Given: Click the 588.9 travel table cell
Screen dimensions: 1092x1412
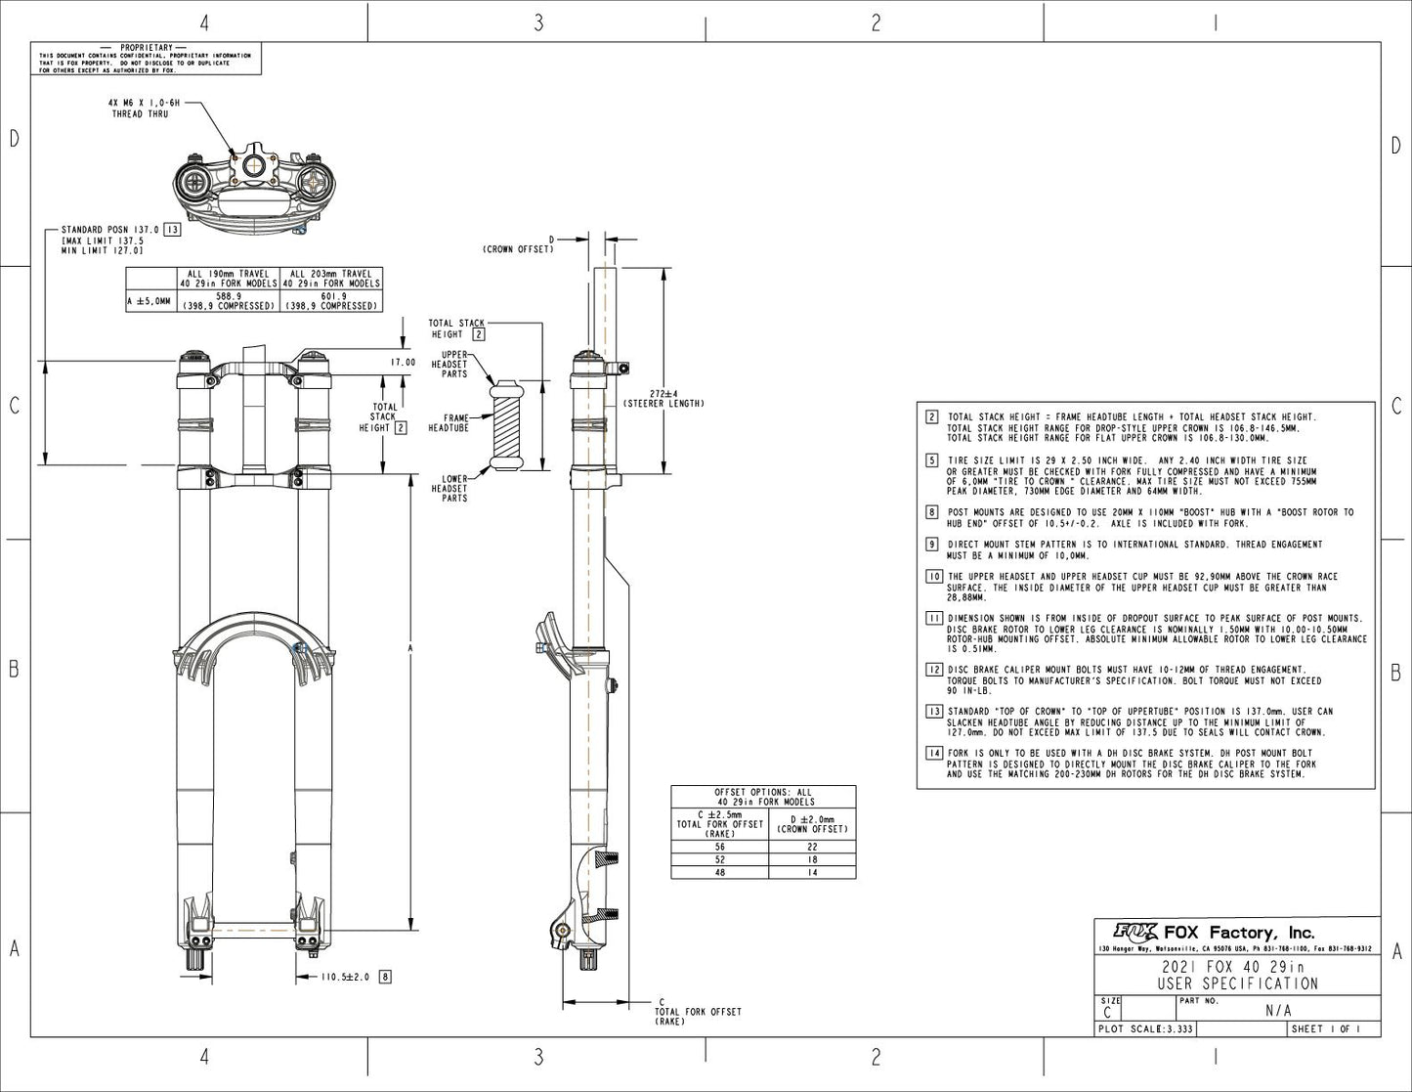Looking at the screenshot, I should [229, 300].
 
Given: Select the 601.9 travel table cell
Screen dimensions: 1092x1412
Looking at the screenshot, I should [331, 300].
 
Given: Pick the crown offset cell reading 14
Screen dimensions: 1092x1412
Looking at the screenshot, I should [811, 872].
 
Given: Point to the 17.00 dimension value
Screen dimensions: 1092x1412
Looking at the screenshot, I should [403, 363].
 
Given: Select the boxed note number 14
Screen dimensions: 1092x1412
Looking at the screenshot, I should [933, 753].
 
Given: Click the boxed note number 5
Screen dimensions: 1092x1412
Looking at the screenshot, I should [933, 459].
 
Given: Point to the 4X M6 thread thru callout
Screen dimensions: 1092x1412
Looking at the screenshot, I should [139, 108].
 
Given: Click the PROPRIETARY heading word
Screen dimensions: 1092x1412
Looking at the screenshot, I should [146, 47].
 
